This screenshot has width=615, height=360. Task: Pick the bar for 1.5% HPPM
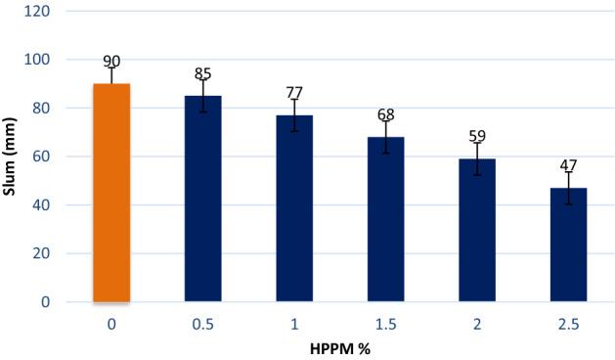tap(385, 219)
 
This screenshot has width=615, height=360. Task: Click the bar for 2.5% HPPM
tap(568, 245)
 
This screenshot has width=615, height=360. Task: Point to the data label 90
tap(111, 63)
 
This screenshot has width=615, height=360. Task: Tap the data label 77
tap(294, 92)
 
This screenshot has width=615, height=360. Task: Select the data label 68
tap(385, 114)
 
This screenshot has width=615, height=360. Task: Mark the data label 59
tap(477, 136)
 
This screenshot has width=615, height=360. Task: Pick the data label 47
tap(568, 165)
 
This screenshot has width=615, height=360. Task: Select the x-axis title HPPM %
tap(339, 348)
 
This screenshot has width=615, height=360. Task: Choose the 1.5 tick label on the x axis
tap(385, 322)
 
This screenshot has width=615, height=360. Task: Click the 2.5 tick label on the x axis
tap(568, 322)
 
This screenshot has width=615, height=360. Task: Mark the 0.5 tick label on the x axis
tap(202, 322)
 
